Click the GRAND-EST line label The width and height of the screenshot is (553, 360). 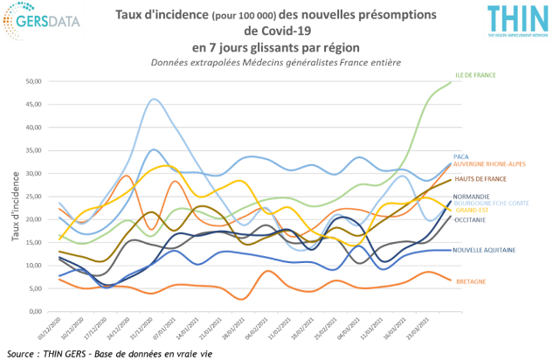[472, 210]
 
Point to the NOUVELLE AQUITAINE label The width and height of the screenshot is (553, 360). [483, 250]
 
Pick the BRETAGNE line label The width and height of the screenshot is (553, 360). [469, 281]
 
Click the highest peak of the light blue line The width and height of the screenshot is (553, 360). [155, 100]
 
